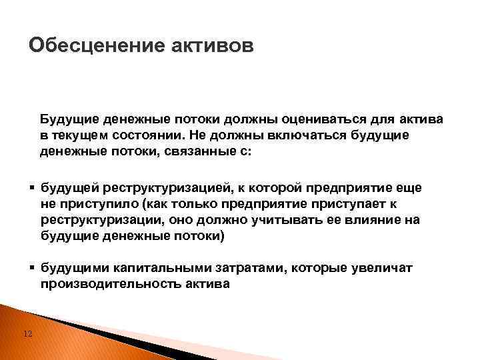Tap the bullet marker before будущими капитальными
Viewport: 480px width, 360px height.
pyautogui.click(x=32, y=267)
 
